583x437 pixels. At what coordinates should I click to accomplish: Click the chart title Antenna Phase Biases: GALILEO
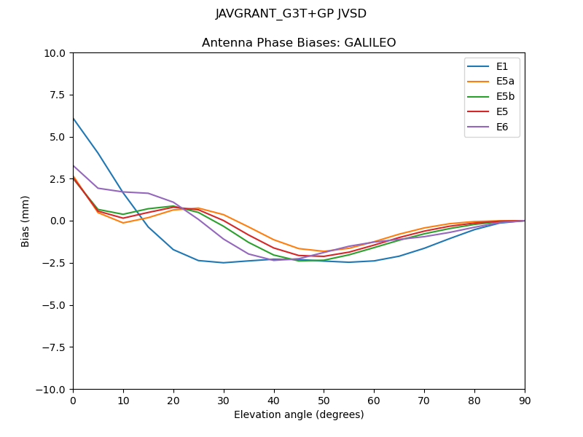[299, 43]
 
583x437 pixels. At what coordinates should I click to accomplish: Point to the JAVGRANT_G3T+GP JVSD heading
[291, 14]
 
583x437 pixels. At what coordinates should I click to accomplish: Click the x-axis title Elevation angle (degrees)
[299, 415]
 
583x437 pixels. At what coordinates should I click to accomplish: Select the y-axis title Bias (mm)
[26, 221]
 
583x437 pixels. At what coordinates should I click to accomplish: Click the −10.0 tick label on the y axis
[52, 389]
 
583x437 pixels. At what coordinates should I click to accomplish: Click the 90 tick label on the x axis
[525, 400]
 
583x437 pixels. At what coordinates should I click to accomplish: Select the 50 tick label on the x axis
[324, 400]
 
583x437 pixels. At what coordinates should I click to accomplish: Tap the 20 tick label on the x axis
[173, 400]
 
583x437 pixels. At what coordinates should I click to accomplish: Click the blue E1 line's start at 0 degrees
[74, 118]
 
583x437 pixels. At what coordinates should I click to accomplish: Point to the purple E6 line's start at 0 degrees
[74, 165]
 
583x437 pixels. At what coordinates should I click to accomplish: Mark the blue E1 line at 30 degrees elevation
[224, 263]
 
